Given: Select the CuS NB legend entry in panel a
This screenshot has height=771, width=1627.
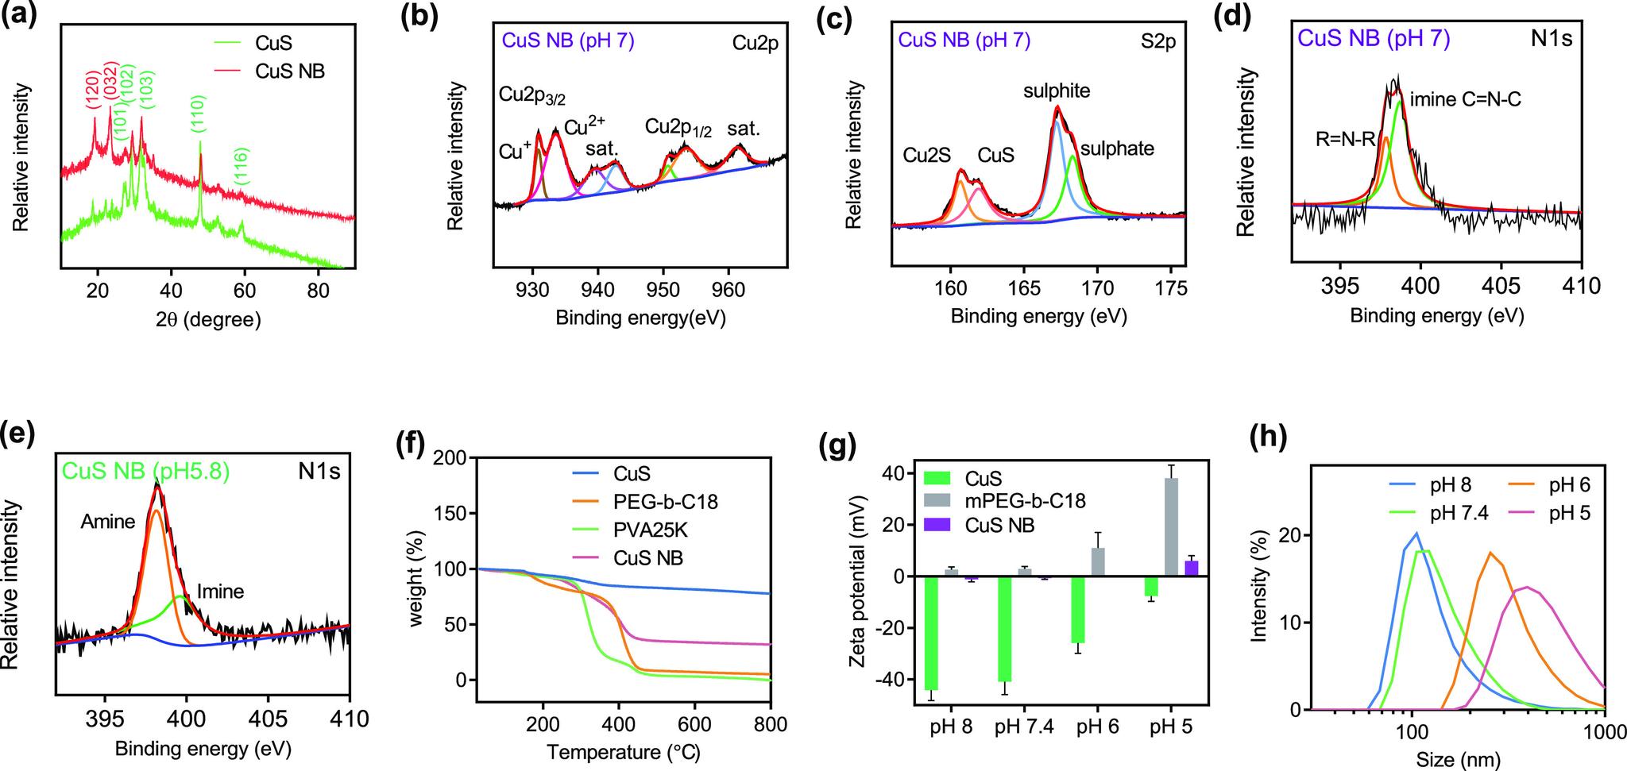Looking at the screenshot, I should click(x=291, y=71).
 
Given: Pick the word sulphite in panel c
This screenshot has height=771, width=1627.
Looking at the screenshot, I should click(x=1057, y=91).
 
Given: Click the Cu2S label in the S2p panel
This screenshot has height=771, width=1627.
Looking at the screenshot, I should click(x=926, y=156).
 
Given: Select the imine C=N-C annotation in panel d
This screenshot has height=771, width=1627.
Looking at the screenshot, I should click(x=1466, y=100).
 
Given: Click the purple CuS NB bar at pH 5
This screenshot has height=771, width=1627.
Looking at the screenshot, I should click(x=1191, y=569).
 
